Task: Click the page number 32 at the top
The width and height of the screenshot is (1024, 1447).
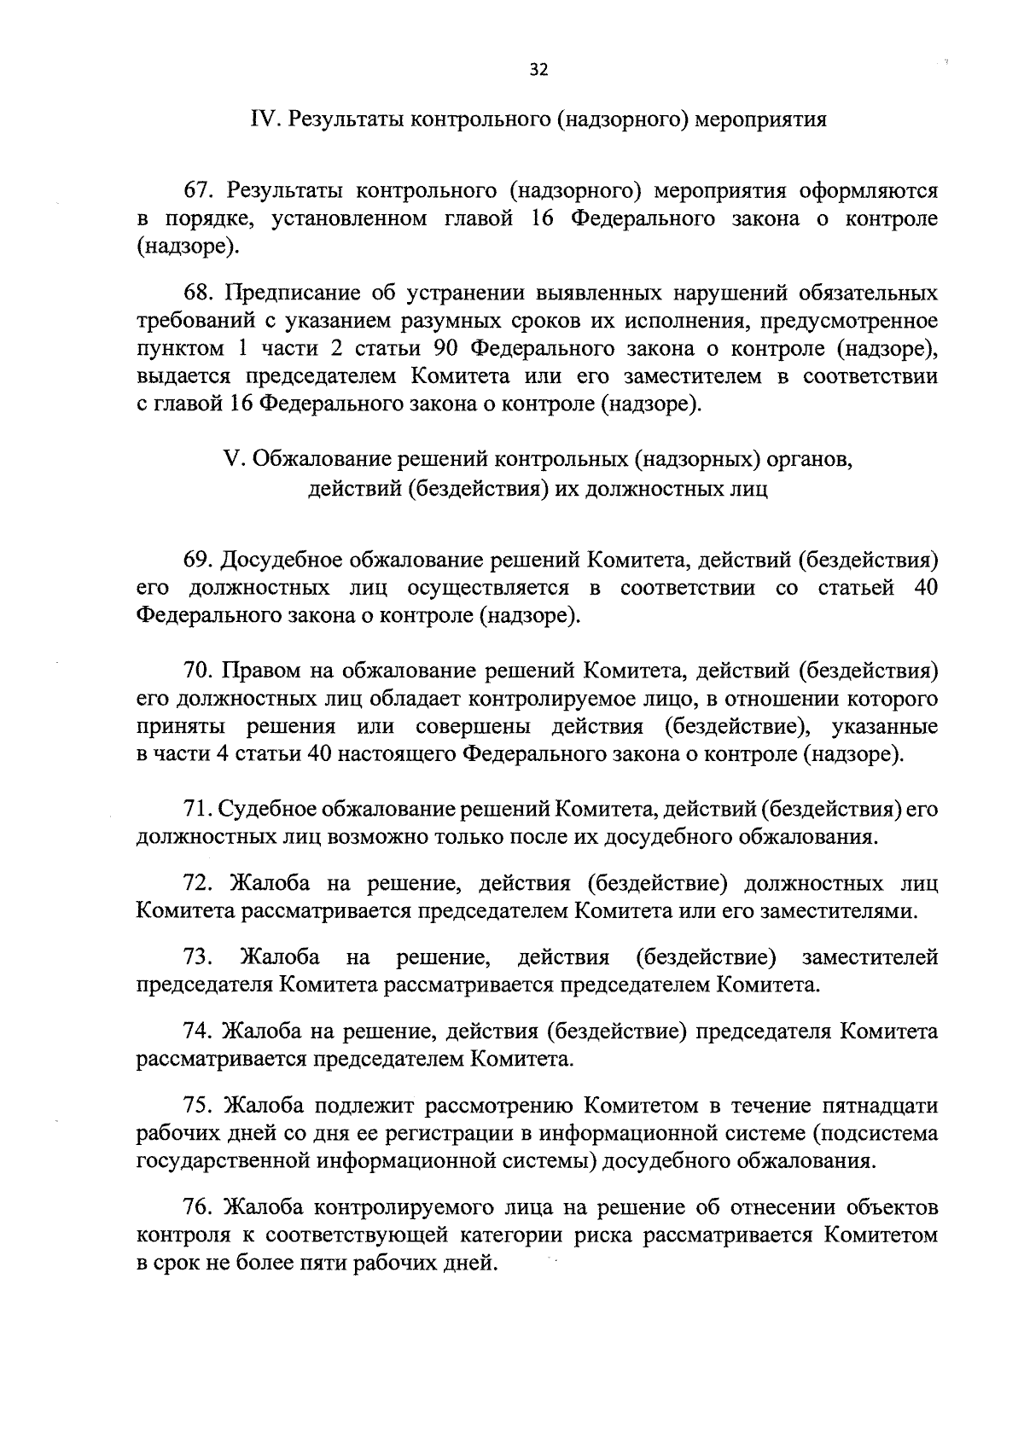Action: click(538, 71)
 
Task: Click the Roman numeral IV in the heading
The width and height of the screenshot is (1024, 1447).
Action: click(261, 119)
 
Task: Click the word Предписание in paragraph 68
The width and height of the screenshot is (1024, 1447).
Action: click(292, 293)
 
